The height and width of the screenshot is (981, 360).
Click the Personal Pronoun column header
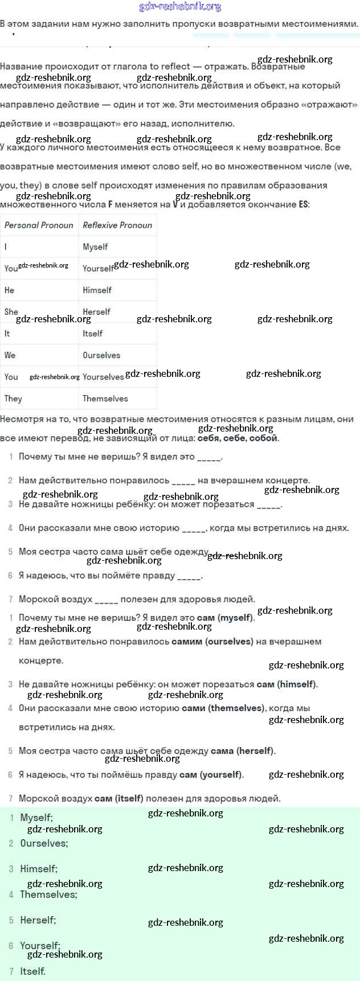[x=39, y=225]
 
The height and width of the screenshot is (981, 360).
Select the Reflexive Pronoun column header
[x=117, y=225]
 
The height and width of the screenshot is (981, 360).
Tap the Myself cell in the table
[x=95, y=247]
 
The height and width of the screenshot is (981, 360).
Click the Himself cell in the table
[x=97, y=290]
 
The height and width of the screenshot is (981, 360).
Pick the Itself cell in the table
[x=92, y=333]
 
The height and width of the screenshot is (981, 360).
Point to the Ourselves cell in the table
[x=101, y=355]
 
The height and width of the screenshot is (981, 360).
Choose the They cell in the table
[x=13, y=398]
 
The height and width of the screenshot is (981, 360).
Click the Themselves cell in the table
[x=105, y=398]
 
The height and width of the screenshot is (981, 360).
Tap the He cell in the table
[x=9, y=290]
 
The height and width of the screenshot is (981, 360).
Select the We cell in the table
[x=10, y=355]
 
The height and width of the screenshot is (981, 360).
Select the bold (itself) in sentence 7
[x=129, y=798]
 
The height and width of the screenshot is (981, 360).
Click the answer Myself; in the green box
[x=36, y=818]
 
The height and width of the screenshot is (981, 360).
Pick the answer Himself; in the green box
[x=39, y=869]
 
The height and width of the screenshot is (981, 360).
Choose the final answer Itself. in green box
[x=32, y=971]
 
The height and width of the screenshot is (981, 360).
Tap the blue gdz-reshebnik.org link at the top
[x=180, y=7]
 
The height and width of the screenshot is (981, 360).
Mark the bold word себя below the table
[x=209, y=438]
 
